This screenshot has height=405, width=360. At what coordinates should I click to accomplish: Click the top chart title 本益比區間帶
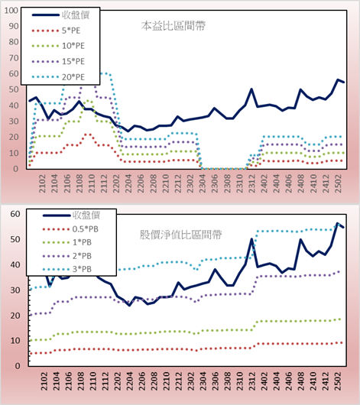pyautogui.click(x=174, y=26)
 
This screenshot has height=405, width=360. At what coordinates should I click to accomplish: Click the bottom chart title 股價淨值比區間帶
pyautogui.click(x=180, y=235)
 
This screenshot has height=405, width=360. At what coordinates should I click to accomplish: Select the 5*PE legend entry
pyautogui.click(x=56, y=31)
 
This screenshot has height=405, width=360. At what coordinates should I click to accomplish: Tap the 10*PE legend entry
pyautogui.click(x=58, y=46)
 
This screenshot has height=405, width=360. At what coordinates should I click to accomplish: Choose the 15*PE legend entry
pyautogui.click(x=58, y=61)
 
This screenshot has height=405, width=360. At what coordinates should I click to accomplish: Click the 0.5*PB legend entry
pyautogui.click(x=70, y=229)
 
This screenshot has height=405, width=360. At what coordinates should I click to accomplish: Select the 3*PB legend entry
pyautogui.click(x=67, y=269)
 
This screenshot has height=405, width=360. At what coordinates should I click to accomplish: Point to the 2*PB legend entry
pyautogui.click(x=67, y=256)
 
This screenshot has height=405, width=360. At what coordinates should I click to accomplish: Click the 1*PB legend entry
pyautogui.click(x=67, y=242)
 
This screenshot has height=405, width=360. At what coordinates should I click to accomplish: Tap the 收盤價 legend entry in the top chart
pyautogui.click(x=60, y=15)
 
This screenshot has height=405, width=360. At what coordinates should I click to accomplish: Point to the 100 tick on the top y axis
pyautogui.click(x=11, y=11)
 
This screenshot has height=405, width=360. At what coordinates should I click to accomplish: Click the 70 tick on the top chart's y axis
pyautogui.click(x=14, y=58)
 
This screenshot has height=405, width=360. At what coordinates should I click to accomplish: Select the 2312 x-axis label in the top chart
pyautogui.click(x=252, y=183)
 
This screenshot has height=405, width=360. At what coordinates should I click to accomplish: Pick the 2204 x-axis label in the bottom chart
pyautogui.click(x=130, y=381)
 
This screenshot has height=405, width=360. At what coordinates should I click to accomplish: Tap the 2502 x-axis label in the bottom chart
pyautogui.click(x=339, y=381)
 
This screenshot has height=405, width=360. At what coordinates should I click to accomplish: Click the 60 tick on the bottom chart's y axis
pyautogui.click(x=15, y=214)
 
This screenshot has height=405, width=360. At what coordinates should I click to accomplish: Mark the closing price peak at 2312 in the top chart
pyautogui.click(x=251, y=89)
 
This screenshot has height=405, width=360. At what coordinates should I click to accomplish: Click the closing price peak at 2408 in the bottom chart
pyautogui.click(x=300, y=239)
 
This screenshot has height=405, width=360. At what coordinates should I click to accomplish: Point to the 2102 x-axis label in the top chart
pyautogui.click(x=42, y=183)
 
